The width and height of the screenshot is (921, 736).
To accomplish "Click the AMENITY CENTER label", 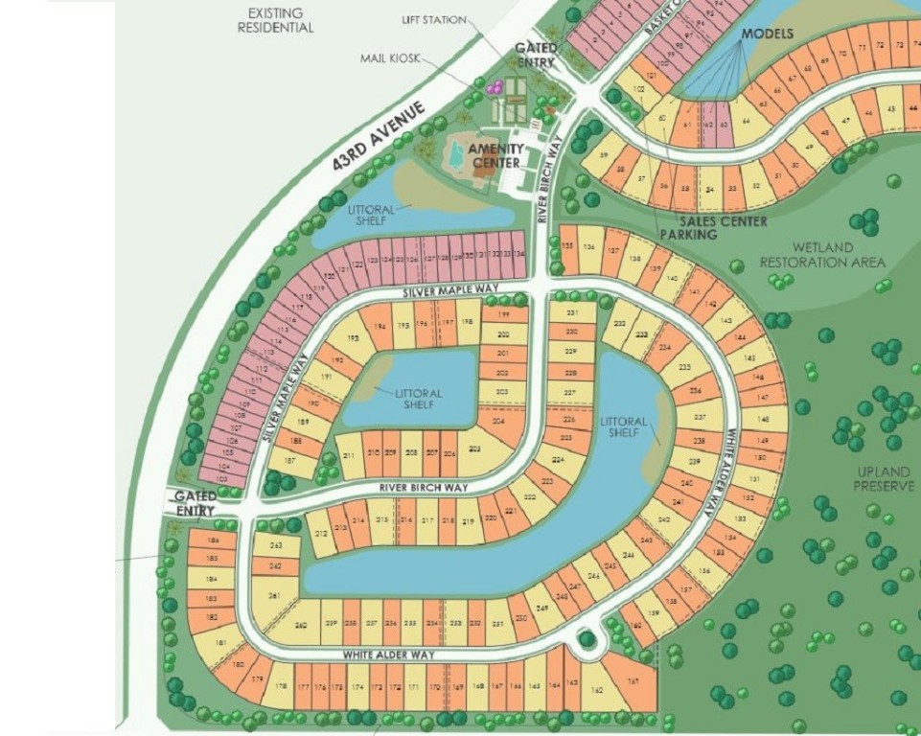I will [x=495, y=155].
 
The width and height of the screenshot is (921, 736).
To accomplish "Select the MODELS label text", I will [x=768, y=34].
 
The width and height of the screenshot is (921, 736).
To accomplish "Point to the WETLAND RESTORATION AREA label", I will [x=822, y=255].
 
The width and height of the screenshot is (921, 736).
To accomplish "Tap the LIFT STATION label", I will [x=434, y=20].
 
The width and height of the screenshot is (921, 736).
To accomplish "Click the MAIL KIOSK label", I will [x=386, y=58].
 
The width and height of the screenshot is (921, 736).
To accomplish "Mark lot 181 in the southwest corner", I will [x=221, y=643].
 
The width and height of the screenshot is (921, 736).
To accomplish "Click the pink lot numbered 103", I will [x=220, y=479].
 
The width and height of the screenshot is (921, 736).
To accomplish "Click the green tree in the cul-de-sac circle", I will [x=587, y=639].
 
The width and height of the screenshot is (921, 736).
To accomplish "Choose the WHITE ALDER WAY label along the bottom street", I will [x=390, y=655].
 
